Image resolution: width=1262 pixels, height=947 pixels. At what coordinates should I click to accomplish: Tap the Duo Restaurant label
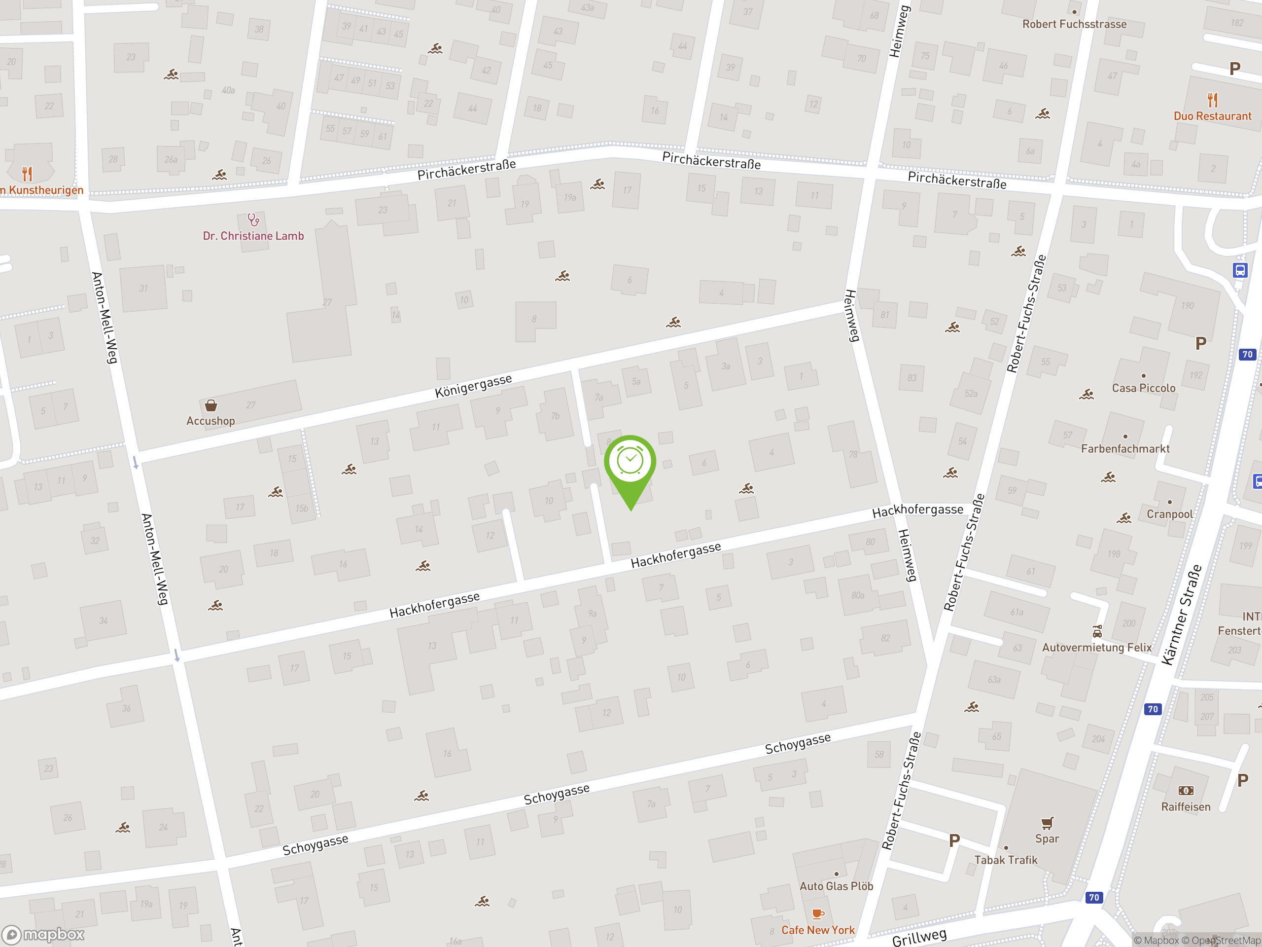[x=1212, y=116]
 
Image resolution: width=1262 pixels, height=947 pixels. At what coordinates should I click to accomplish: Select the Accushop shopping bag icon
[x=211, y=405]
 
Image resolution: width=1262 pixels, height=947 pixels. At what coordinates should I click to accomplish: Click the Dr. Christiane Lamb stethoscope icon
[x=253, y=220]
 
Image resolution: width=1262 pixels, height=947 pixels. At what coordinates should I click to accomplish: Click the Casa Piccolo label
[x=1143, y=388]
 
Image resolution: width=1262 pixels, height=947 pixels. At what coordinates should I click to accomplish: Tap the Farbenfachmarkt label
[x=1125, y=449]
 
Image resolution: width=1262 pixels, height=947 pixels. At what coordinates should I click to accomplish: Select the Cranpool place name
[x=1170, y=514]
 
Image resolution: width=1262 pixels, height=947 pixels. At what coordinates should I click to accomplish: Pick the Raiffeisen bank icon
[x=1186, y=791]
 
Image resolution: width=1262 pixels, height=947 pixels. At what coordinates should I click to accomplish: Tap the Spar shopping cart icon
[x=1047, y=823]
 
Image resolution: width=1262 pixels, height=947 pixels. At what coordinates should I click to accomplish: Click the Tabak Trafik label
[x=1005, y=860]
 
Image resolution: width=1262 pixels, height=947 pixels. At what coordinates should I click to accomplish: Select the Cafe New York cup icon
[x=817, y=914]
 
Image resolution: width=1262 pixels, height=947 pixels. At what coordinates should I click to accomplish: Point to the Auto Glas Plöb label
[x=836, y=886]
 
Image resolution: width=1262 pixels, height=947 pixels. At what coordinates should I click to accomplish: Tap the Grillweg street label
[x=919, y=937]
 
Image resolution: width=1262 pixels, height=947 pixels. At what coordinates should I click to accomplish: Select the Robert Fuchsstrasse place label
[x=1074, y=24]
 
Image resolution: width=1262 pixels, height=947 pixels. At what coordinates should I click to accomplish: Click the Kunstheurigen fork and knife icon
[x=27, y=173]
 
